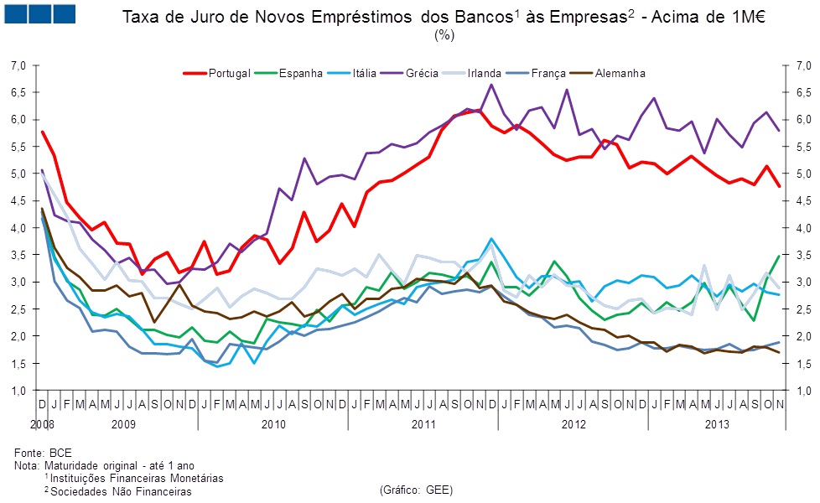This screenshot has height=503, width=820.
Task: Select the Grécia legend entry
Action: click(x=421, y=74)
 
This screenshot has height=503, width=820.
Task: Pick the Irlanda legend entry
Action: click(x=484, y=74)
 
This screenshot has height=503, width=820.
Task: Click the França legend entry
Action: click(x=548, y=74)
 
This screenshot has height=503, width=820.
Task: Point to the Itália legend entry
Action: click(x=361, y=74)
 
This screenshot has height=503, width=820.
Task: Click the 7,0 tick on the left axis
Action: click(x=19, y=65)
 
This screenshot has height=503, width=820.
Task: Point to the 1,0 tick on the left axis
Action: click(x=19, y=391)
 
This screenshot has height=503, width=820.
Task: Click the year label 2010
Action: click(x=273, y=425)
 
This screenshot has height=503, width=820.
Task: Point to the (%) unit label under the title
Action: click(x=444, y=35)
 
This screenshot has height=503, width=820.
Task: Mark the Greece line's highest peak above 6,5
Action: click(x=491, y=85)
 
